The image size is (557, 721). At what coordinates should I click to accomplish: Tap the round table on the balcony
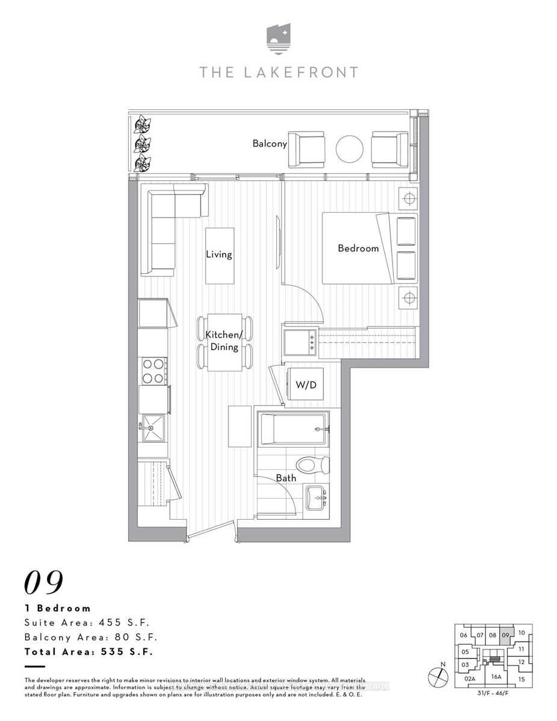pos(349,148)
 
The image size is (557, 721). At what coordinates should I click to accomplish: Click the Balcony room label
pos(269,144)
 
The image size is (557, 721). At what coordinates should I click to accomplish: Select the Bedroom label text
pos(358,248)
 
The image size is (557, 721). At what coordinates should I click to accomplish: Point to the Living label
pos(218,254)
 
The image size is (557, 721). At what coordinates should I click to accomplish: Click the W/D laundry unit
pos(306,385)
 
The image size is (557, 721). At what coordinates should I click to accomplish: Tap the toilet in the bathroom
pos(314,464)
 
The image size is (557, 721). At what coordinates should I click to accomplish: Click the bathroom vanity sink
pos(316,497)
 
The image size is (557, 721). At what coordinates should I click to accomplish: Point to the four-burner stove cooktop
pos(153,371)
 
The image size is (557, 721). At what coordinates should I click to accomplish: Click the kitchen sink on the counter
pos(152,427)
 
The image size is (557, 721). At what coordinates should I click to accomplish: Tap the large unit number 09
pos(44,582)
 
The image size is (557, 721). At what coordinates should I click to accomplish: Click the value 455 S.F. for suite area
pos(123,622)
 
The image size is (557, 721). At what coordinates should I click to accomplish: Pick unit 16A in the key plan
pos(496,677)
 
